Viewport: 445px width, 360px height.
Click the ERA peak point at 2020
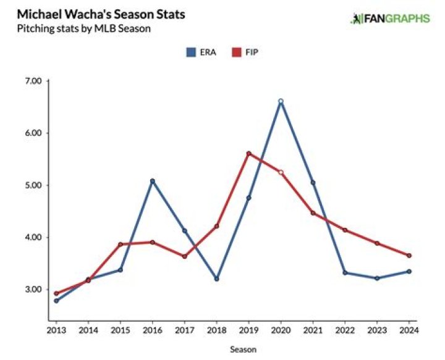(281, 101)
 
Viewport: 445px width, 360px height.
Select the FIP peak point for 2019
(248, 153)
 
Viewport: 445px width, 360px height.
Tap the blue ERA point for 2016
(152, 181)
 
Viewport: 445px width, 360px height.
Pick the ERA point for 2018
(216, 278)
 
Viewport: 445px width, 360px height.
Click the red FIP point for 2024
(409, 256)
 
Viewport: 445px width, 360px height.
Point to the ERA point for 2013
(56, 301)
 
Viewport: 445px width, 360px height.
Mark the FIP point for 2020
(281, 172)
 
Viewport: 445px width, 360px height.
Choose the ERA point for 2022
(345, 273)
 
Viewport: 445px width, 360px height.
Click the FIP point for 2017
(184, 256)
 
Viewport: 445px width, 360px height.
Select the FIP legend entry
(245, 53)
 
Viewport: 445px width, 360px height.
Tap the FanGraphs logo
(390, 19)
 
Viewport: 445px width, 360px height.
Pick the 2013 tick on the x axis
(56, 330)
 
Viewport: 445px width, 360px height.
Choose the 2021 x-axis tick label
(313, 330)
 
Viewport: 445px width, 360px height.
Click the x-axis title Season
(243, 349)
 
